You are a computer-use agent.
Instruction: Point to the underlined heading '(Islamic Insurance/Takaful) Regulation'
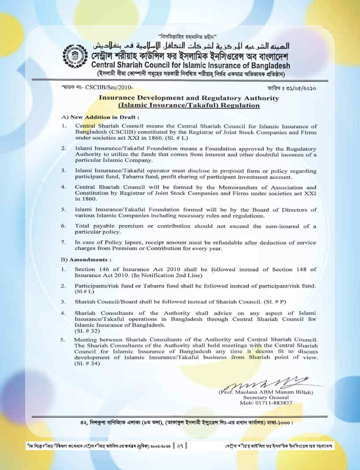189,106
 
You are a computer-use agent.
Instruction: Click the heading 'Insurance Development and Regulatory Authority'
189,98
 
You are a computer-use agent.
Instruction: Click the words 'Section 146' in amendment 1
91,269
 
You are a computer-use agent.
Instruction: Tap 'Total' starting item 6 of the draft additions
83,226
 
